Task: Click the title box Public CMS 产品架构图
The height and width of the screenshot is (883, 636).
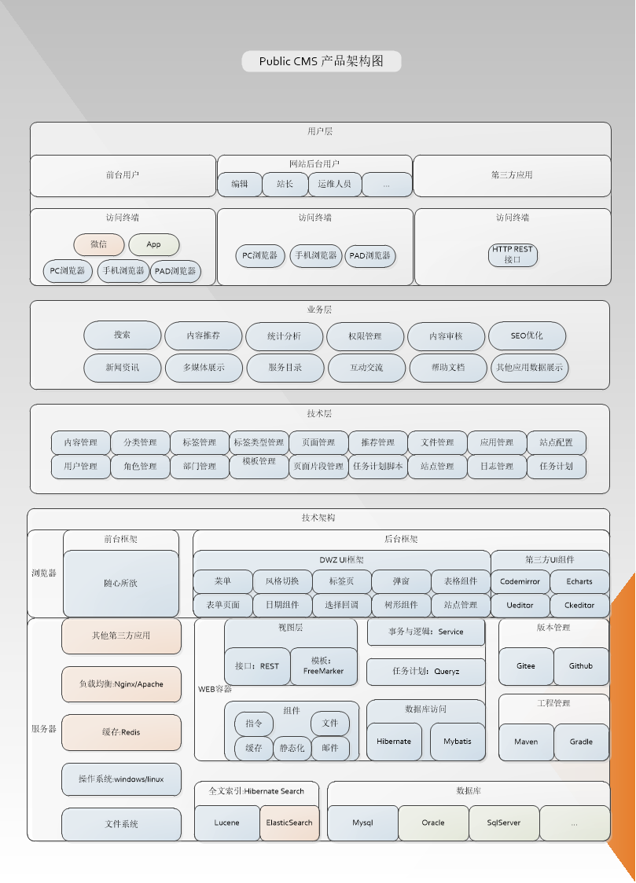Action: click(322, 61)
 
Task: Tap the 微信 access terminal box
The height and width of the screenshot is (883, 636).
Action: click(99, 244)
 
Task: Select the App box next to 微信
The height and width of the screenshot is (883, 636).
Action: click(154, 244)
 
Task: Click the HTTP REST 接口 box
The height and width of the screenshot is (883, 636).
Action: click(513, 255)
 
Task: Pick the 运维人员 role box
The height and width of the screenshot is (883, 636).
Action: click(335, 184)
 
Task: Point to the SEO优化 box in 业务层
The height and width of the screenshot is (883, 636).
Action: click(527, 335)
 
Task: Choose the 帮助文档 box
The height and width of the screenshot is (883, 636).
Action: click(447, 367)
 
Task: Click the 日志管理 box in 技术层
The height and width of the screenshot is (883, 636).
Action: click(497, 466)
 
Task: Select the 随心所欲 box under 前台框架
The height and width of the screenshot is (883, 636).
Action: click(120, 583)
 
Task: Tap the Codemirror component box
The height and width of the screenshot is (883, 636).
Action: click(520, 581)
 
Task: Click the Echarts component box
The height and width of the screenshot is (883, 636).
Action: click(579, 581)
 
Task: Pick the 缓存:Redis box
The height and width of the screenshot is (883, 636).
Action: click(121, 732)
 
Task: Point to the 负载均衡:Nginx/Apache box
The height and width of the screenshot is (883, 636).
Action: click(121, 684)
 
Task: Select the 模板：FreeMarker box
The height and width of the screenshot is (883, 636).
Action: click(324, 666)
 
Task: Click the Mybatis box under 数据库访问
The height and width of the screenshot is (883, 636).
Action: click(458, 742)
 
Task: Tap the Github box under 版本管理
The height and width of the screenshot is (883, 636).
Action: click(581, 666)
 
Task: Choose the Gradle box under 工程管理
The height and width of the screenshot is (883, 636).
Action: click(581, 742)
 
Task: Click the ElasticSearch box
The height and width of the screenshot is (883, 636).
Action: click(289, 823)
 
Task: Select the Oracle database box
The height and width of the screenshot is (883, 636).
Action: click(433, 823)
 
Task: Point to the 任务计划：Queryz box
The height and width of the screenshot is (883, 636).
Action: click(425, 672)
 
